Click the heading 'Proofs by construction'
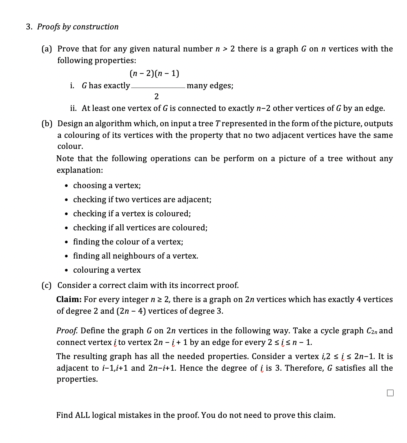pos(78,27)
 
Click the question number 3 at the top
pos(28,27)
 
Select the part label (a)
pos(47,49)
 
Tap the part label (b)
pos(47,124)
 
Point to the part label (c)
pos(47,286)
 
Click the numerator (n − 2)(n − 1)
pos(155,74)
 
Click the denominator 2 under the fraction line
pos(156,97)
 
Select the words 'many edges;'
pos(210,86)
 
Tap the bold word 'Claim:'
pos(69,300)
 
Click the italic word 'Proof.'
pos(67,331)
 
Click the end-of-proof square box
pos(390,393)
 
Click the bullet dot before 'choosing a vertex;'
pos(67,186)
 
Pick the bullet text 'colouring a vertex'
pos(107,270)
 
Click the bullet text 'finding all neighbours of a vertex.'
pos(136,256)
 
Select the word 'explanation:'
pos(80,170)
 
